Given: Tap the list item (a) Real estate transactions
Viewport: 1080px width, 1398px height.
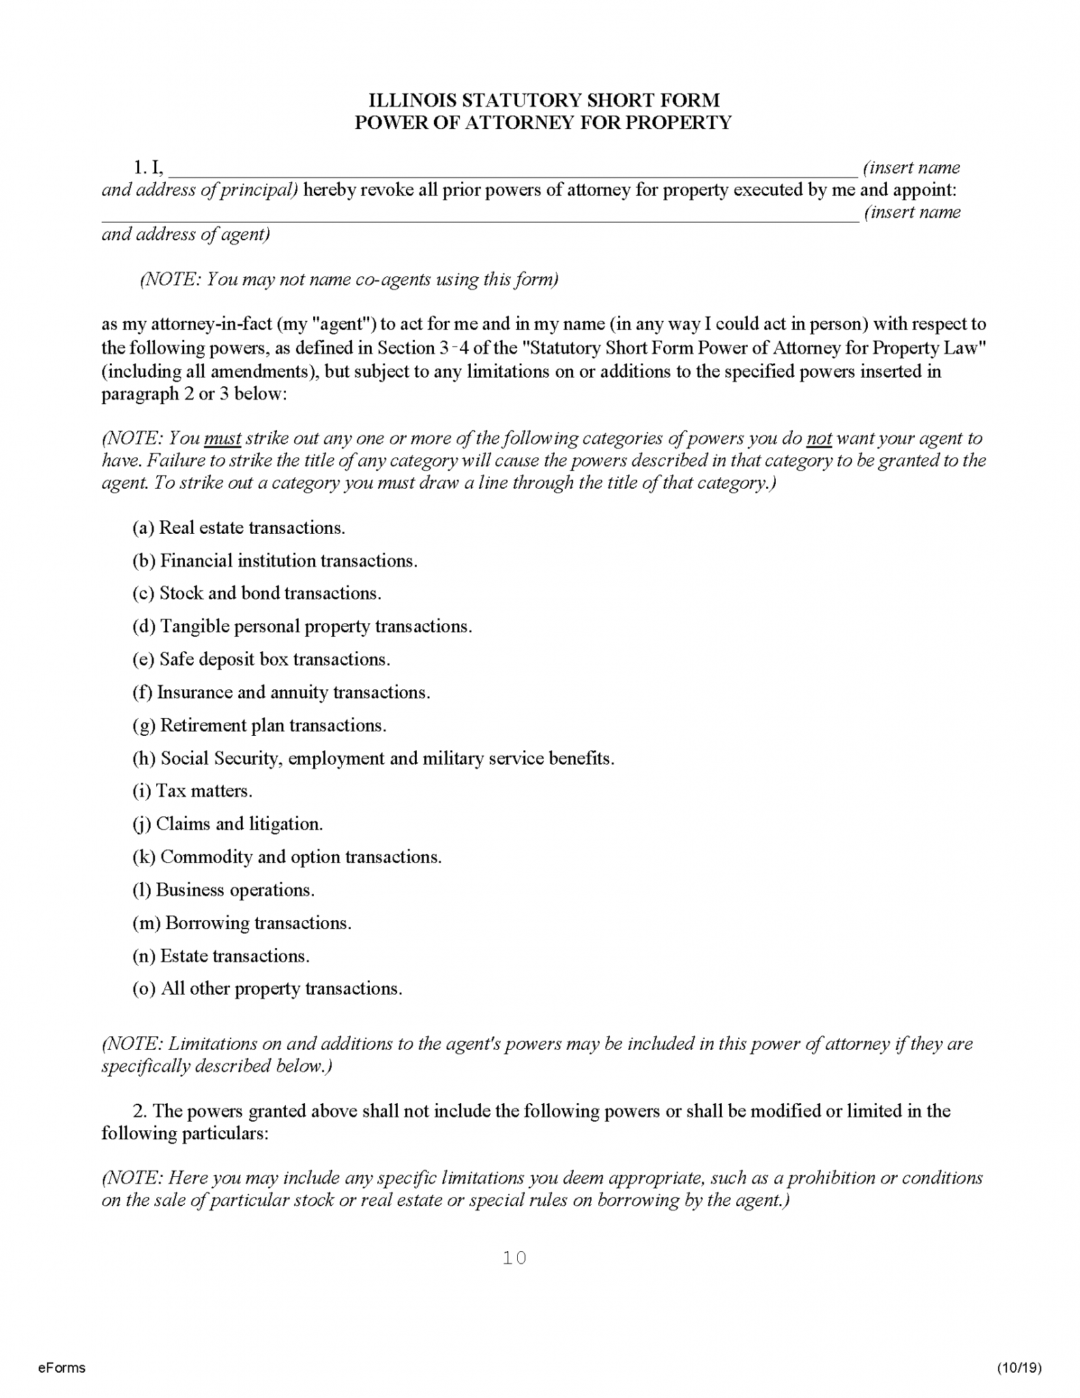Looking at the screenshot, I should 238,528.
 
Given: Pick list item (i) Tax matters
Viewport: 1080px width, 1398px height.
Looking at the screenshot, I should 192,791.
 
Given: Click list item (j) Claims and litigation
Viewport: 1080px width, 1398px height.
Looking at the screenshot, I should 227,824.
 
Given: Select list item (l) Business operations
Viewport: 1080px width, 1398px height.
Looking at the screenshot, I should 223,890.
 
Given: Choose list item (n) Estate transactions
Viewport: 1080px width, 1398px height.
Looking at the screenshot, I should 220,956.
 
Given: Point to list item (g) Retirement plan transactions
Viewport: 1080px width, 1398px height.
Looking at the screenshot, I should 259,725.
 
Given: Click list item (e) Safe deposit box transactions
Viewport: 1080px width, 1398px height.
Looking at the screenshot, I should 261,659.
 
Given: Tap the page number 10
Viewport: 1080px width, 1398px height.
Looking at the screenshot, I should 514,1257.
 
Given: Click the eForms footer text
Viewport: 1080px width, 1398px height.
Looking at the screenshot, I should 61,1367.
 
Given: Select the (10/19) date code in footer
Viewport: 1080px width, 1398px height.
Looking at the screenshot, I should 1019,1367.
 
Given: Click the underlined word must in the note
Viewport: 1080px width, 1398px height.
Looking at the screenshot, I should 222,438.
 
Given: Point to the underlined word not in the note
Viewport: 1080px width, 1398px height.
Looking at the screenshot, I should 819,438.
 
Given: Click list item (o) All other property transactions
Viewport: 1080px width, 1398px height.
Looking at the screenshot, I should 267,988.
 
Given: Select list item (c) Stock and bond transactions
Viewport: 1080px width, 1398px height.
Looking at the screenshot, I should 257,593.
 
